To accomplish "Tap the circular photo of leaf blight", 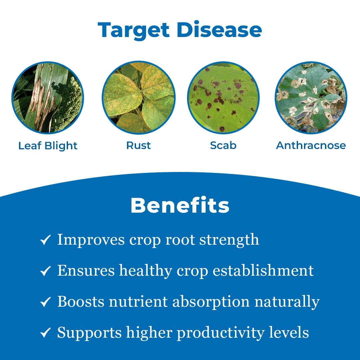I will pyautogui.click(x=48, y=98).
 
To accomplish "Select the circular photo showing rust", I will pyautogui.click(x=138, y=98).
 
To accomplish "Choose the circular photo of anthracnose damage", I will pyautogui.click(x=311, y=98).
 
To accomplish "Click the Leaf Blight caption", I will pyautogui.click(x=48, y=146).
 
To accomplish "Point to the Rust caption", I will pyautogui.click(x=138, y=145).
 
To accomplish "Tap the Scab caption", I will pyautogui.click(x=223, y=145).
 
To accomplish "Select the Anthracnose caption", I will pyautogui.click(x=311, y=145).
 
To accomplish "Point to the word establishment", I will pyautogui.click(x=263, y=270).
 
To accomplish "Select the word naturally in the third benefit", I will pyautogui.click(x=287, y=302).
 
